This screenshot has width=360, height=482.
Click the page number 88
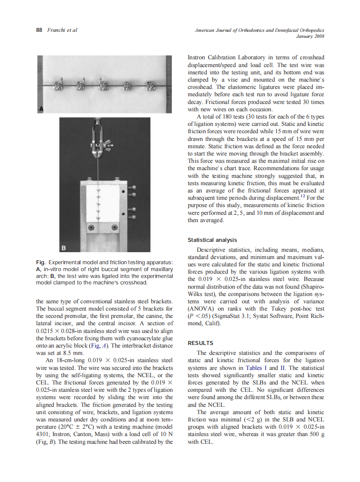click(39, 30)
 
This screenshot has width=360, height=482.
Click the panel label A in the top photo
click(41, 109)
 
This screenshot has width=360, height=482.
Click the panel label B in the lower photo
click(64, 247)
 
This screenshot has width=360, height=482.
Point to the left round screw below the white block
click(91, 227)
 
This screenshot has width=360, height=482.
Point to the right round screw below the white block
click(114, 227)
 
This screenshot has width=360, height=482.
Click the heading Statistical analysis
click(212, 240)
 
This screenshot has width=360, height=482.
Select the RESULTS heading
click(201, 343)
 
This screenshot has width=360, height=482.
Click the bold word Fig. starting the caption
click(40, 262)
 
